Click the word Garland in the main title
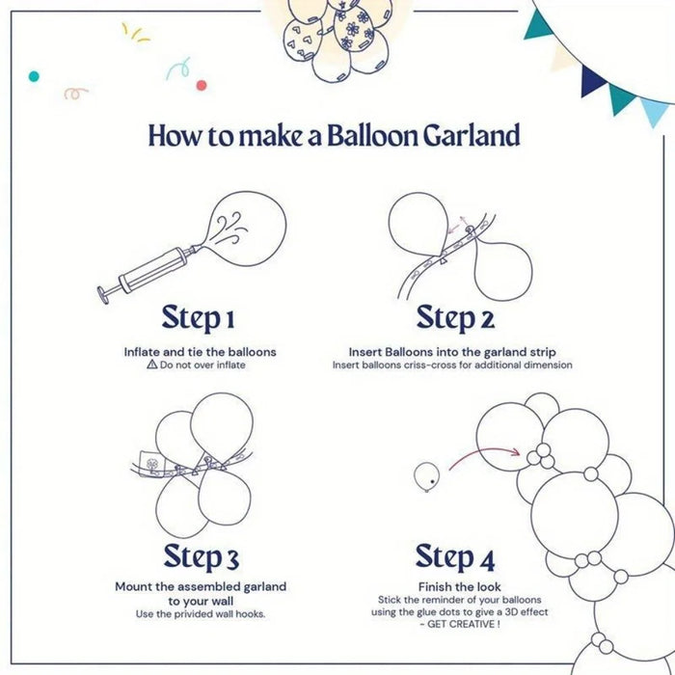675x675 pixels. click(471, 135)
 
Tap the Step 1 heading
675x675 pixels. click(199, 317)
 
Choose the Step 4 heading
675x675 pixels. click(455, 556)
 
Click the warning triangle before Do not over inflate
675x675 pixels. click(151, 365)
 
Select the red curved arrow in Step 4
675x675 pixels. click(482, 451)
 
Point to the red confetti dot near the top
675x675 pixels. click(202, 85)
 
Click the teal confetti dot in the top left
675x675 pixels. click(34, 75)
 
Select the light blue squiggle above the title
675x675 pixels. click(175, 68)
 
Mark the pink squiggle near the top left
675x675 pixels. click(76, 94)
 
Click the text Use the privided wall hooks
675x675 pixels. click(201, 614)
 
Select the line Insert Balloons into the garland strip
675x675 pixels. click(452, 352)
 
